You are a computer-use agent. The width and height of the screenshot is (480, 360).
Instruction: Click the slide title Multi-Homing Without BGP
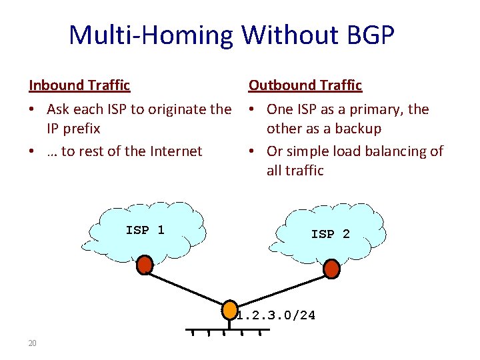tap(231, 35)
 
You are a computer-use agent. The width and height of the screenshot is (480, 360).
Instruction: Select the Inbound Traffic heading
tap(79, 85)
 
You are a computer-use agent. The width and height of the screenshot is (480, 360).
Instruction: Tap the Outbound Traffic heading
tap(305, 85)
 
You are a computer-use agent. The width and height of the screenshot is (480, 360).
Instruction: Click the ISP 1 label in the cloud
tap(145, 230)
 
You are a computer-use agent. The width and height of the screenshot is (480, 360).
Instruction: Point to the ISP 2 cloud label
tap(330, 234)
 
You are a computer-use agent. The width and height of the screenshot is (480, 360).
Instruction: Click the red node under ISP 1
tap(145, 265)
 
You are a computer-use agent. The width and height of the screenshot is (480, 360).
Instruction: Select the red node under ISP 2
tap(331, 269)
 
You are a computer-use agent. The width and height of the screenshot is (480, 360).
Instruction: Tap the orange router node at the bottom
tap(231, 311)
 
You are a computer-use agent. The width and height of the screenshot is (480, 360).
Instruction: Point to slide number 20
tap(32, 343)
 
